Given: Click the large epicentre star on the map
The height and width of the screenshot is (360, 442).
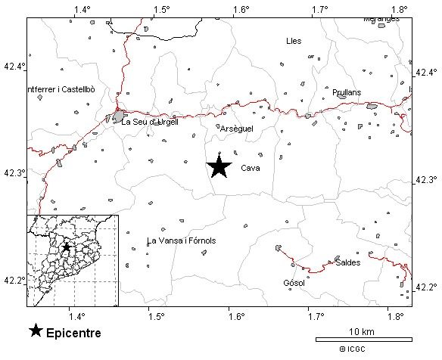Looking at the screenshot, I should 219,166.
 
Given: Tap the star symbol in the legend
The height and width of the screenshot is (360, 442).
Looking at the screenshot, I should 36,331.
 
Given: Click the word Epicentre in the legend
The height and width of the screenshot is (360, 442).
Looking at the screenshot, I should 73,333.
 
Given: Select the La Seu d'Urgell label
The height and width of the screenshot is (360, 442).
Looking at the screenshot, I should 150,122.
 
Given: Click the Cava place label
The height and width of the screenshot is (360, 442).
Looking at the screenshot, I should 250,169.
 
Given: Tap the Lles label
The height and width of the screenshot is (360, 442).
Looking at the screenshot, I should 294,41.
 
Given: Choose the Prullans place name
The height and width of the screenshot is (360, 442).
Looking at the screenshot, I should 347,92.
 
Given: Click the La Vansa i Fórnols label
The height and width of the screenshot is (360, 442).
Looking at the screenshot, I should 182,241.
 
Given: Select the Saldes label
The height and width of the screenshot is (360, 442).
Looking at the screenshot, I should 347,262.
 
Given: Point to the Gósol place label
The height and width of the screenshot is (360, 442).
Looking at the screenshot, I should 293,284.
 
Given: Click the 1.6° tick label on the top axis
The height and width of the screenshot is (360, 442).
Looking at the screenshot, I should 241,10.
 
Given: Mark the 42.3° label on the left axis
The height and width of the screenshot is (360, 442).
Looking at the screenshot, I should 14,173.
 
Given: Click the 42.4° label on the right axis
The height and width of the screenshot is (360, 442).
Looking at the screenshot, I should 427,73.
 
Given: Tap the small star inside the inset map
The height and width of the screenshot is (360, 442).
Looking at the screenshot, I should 67,247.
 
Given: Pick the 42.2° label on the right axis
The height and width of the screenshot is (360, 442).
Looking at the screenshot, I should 427,287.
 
